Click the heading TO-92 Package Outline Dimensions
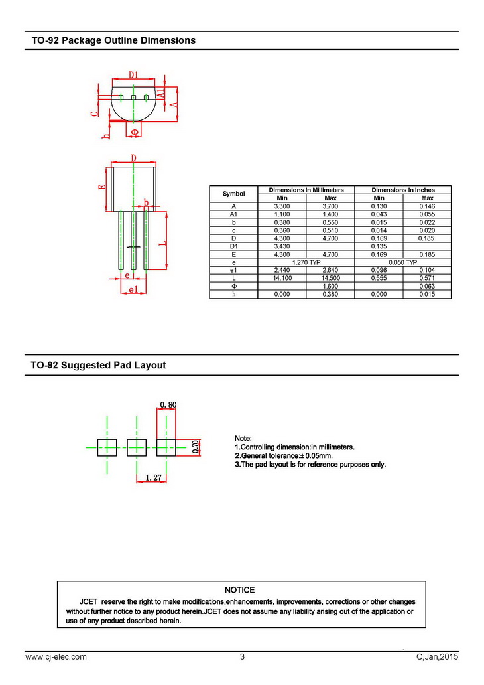tap(113, 40)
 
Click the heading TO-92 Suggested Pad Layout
tap(99, 365)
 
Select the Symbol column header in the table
tap(233, 194)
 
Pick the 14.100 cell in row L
tap(281, 278)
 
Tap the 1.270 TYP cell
tap(306, 262)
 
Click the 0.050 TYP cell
tap(402, 262)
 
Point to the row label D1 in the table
tap(233, 246)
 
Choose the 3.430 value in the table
tap(281, 246)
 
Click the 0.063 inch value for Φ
tap(427, 286)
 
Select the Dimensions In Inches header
tap(402, 190)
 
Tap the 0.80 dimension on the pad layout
tap(168, 404)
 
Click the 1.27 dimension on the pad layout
tap(154, 477)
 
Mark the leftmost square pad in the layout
tap(107, 447)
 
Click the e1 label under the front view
tap(133, 289)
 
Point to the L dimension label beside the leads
tap(162, 244)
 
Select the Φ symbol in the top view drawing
tap(134, 132)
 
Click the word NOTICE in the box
tap(239, 589)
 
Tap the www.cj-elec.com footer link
tap(56, 657)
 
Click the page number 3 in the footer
tap(242, 657)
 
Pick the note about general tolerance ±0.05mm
tap(283, 456)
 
